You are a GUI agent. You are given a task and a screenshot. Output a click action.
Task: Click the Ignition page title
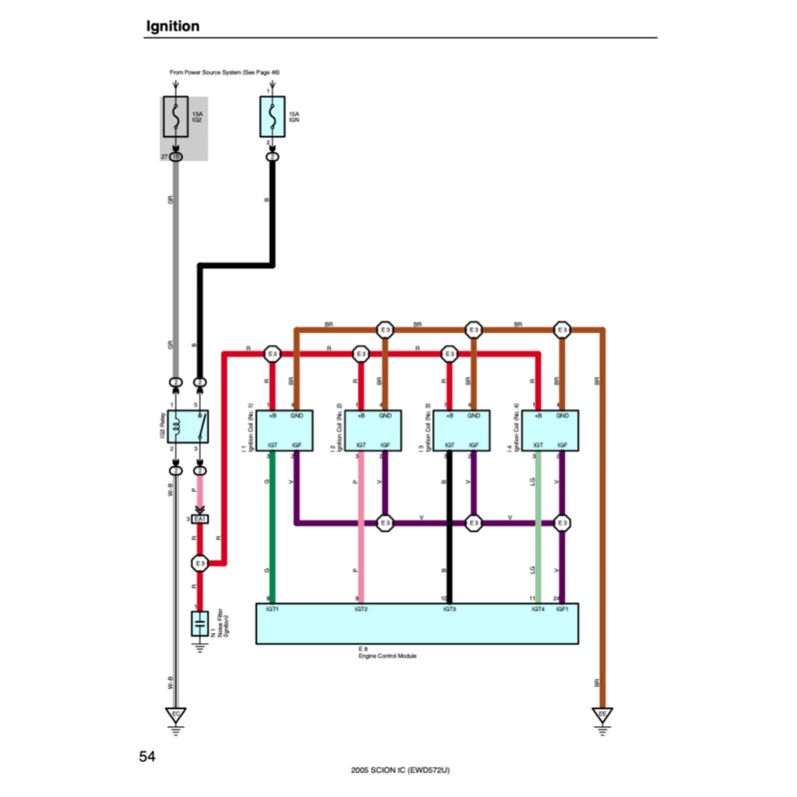click(173, 26)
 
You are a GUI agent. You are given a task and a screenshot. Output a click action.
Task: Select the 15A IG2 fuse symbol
click(177, 117)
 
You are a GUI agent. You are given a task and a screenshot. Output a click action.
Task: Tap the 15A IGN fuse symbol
click(272, 117)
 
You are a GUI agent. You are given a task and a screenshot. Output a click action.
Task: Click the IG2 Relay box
click(188, 427)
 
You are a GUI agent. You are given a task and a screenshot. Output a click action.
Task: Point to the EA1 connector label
click(201, 519)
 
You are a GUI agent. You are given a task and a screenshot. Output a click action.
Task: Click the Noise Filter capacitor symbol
click(200, 623)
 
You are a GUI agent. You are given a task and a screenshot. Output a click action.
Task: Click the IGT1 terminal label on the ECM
click(272, 609)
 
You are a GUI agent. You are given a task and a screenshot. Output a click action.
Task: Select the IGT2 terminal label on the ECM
click(361, 609)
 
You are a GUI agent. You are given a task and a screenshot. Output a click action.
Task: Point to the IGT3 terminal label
click(450, 609)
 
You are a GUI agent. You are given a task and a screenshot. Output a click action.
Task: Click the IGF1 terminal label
click(562, 609)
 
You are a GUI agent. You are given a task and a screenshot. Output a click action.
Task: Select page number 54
click(148, 756)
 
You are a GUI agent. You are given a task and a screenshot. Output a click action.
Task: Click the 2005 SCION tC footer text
click(400, 771)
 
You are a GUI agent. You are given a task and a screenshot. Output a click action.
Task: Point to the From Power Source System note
click(224, 72)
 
